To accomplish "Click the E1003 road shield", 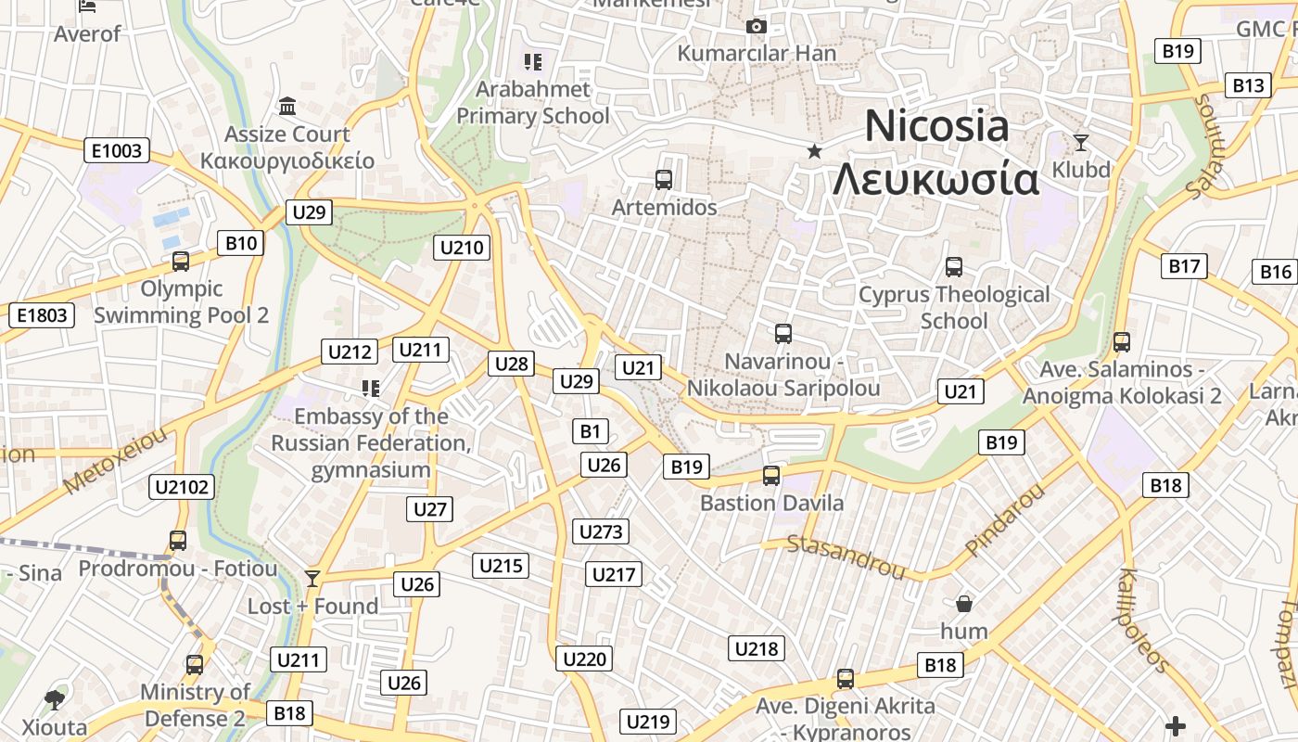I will click(x=118, y=150).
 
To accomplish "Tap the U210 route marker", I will click(x=462, y=248).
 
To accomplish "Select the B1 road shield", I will click(x=591, y=430).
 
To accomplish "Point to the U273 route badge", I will click(x=601, y=531).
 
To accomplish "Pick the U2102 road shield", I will click(x=182, y=487).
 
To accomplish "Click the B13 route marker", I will click(x=1248, y=85).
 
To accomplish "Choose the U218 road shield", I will click(x=757, y=648).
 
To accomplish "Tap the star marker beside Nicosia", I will click(x=814, y=151).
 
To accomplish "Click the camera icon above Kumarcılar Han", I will click(x=757, y=27).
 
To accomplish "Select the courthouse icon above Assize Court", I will click(x=287, y=107).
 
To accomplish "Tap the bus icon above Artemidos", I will click(x=664, y=180).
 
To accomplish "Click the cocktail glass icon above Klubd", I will click(x=1080, y=143).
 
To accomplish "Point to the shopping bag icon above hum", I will click(x=964, y=605).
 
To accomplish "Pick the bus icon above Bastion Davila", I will click(x=771, y=476).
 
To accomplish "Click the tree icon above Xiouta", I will click(x=55, y=699).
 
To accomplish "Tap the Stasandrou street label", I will click(x=846, y=556).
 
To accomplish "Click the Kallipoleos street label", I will click(x=1144, y=620).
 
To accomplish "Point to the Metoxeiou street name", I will click(x=117, y=460).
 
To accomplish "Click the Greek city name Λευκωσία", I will click(x=935, y=179).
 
